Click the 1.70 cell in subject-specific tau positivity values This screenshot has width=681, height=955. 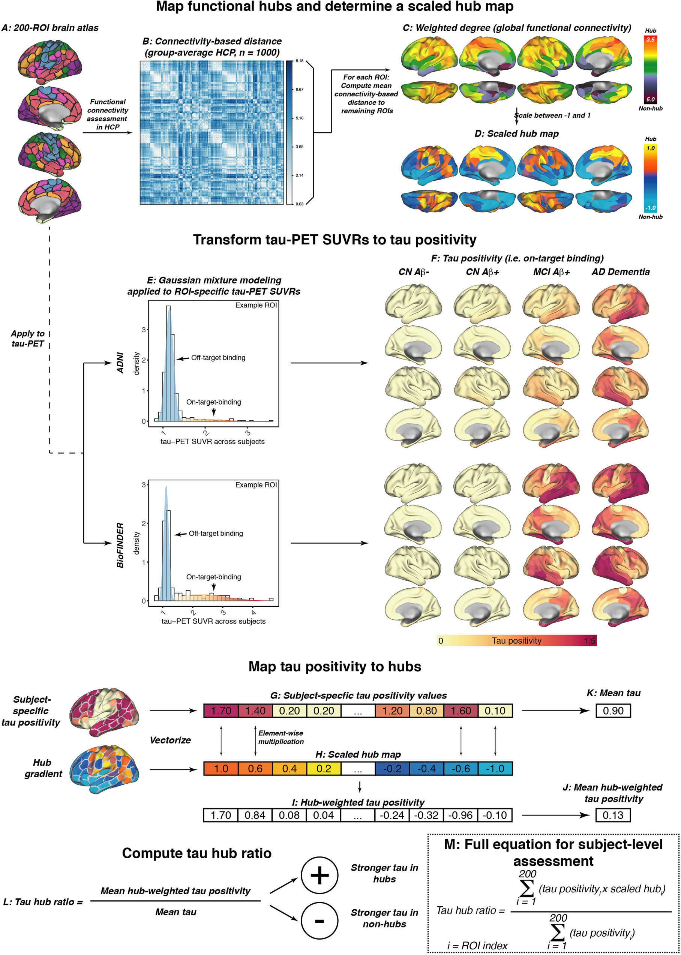[221, 711]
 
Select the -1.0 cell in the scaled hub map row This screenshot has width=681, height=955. [495, 768]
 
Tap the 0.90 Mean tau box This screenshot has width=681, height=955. [613, 711]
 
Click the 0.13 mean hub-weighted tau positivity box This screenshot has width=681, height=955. [613, 815]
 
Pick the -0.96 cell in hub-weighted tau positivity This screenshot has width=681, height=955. [460, 815]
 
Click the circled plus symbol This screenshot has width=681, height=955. [319, 876]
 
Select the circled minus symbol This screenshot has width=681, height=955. [319, 921]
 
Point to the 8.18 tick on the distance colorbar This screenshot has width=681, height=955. [299, 61]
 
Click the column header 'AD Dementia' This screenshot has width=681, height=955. [621, 272]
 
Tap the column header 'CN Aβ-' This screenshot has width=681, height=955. [414, 272]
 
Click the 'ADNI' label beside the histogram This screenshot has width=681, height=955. [120, 363]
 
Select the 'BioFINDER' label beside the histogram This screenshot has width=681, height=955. [120, 545]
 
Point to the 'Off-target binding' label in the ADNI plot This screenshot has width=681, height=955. [218, 358]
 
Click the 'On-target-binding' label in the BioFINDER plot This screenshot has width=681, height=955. [213, 577]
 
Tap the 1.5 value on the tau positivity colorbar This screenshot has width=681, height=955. [589, 640]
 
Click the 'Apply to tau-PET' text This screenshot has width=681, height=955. [28, 338]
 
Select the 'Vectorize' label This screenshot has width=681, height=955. [170, 740]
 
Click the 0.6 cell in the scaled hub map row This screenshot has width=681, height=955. [255, 768]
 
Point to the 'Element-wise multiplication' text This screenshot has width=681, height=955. [280, 737]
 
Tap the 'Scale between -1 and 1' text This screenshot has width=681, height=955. [553, 115]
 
